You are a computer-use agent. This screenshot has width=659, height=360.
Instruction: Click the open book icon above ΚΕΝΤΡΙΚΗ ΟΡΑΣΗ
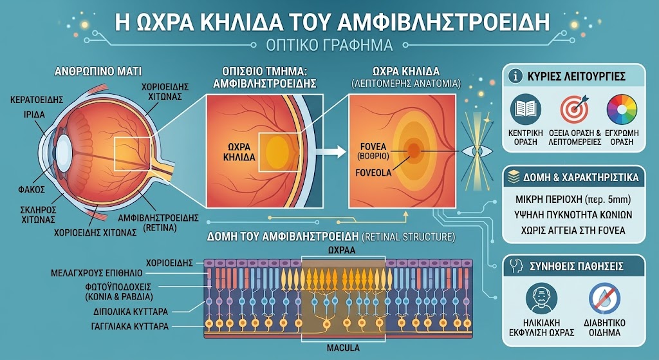pos(525,109)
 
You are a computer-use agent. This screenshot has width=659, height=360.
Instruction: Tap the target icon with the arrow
pos(573,109)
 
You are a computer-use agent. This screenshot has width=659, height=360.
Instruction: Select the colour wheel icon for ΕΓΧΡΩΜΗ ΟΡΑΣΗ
pos(622,109)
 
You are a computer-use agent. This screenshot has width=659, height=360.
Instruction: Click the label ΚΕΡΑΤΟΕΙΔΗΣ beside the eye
pos(37,100)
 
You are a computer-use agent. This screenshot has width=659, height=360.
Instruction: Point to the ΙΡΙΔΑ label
pos(35,115)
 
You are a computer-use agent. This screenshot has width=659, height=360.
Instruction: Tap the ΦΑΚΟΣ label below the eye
pos(31,190)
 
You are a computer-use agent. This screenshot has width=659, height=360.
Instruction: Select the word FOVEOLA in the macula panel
pos(373,173)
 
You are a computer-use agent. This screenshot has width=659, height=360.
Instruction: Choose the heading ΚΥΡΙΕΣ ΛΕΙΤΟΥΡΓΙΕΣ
pos(576,77)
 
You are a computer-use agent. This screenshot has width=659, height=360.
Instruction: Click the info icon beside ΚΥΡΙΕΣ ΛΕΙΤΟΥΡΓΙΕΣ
pos(515,77)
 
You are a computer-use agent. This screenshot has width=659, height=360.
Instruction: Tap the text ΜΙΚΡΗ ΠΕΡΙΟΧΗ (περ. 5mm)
pos(573,199)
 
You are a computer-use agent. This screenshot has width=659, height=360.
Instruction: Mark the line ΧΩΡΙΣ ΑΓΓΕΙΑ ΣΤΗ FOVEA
pos(573,231)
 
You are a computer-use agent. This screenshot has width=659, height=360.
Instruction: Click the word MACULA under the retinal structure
pos(344,348)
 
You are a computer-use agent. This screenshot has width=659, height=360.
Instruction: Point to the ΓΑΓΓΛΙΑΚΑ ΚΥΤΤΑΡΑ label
pos(130,327)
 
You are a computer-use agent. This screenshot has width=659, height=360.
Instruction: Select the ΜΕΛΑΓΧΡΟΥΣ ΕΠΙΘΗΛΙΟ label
pos(97,273)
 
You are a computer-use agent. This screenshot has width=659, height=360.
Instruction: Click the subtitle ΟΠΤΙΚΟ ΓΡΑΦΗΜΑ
pos(329,45)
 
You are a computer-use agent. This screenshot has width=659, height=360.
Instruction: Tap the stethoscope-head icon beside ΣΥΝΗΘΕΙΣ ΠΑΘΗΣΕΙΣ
pos(516,266)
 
